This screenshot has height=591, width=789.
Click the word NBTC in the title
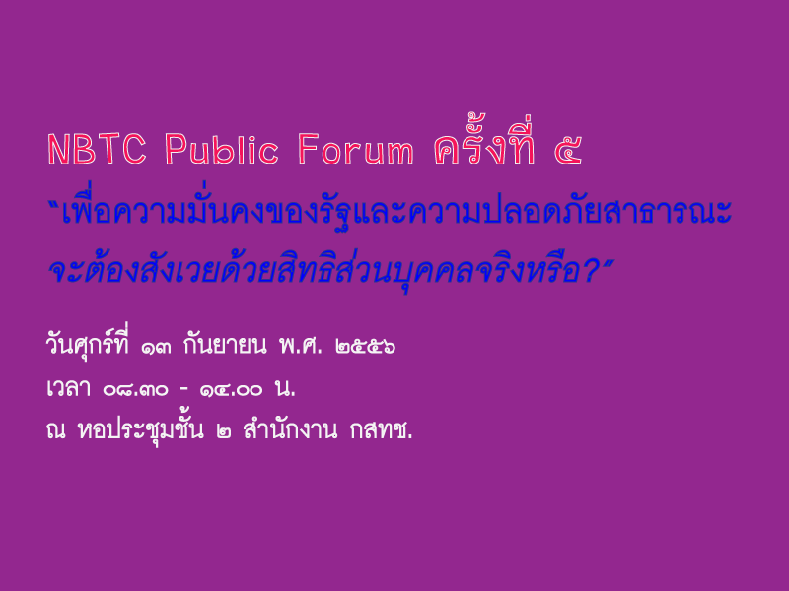pyautogui.click(x=97, y=150)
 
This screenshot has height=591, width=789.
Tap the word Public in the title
pyautogui.click(x=221, y=150)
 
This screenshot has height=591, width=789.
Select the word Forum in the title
pyautogui.click(x=356, y=150)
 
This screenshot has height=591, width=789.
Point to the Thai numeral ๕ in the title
pyautogui.click(x=568, y=152)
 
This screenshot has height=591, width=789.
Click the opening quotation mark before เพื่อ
pyautogui.click(x=54, y=205)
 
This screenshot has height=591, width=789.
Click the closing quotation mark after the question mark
pyautogui.click(x=608, y=263)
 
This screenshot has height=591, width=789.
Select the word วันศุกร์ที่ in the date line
pyautogui.click(x=87, y=342)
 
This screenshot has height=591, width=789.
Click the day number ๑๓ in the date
pyautogui.click(x=156, y=347)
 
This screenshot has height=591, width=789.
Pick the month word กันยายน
pyautogui.click(x=225, y=343)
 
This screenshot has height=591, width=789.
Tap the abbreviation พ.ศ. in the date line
pyautogui.click(x=301, y=345)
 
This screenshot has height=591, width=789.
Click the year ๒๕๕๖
pyautogui.click(x=365, y=347)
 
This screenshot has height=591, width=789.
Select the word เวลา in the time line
pyautogui.click(x=68, y=388)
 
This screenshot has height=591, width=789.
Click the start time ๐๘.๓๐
pyautogui.click(x=135, y=390)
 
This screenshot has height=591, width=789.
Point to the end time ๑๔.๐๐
pyautogui.click(x=231, y=390)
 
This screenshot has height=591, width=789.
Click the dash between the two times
pyautogui.click(x=183, y=389)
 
